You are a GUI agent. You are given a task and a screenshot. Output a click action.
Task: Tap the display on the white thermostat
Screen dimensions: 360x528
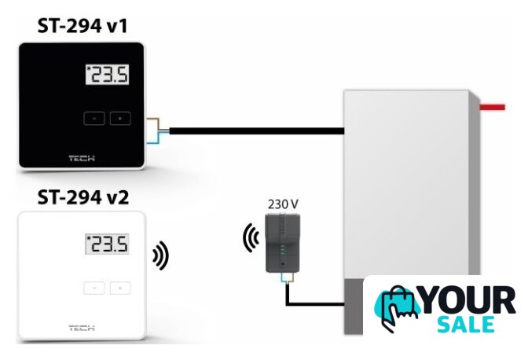108,245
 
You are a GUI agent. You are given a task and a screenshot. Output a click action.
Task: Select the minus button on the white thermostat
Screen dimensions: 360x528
93,288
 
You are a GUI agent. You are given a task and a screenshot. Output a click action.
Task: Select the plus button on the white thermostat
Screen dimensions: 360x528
120,288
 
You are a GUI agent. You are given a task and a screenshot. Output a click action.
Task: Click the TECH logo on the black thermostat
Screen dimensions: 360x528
81,157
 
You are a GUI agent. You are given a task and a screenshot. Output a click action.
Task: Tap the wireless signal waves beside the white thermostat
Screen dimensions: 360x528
161,255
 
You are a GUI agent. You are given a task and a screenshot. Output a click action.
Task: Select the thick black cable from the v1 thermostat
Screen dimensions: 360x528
251,130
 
